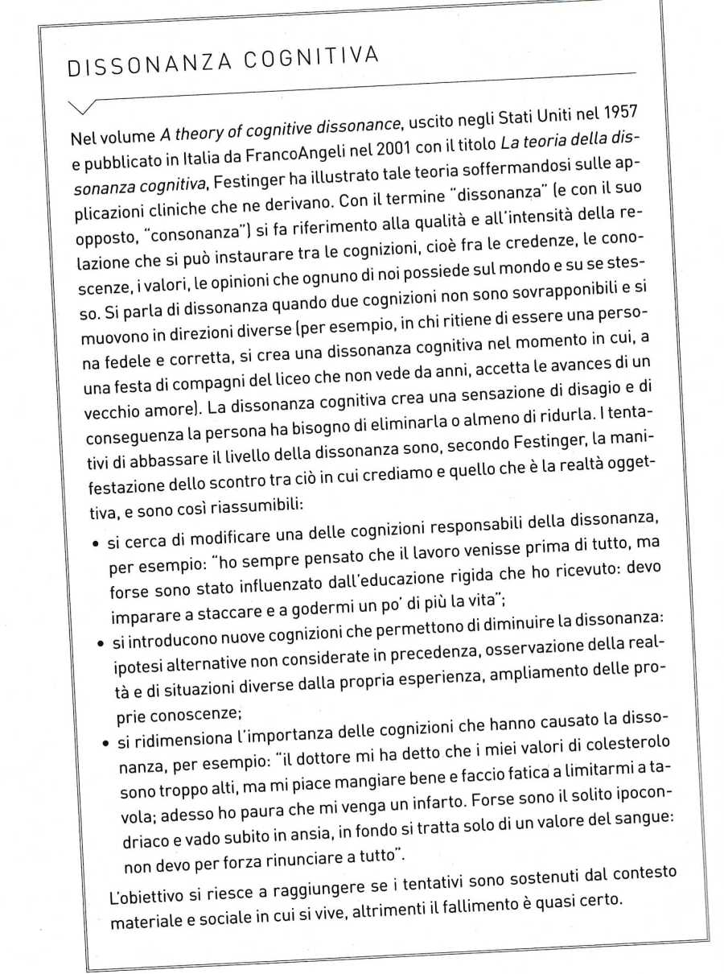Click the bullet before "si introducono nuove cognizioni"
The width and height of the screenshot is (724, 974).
pyautogui.click(x=100, y=646)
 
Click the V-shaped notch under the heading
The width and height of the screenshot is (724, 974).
pyautogui.click(x=85, y=107)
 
